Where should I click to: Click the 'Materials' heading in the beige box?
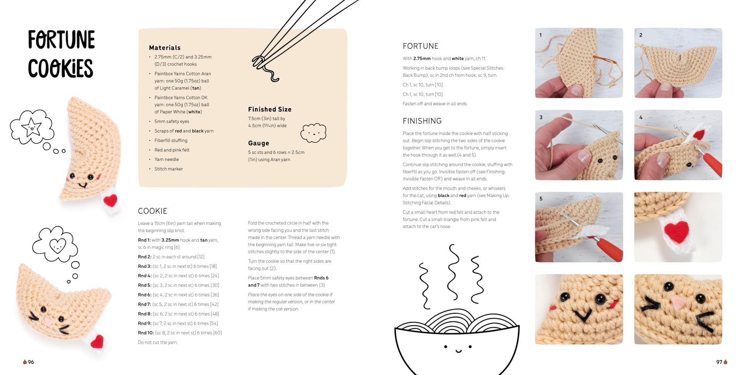(165, 48)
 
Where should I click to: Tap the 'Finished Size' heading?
(270, 109)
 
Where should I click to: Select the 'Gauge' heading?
(259, 143)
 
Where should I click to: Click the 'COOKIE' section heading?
(153, 211)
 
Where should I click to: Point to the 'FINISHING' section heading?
(422, 121)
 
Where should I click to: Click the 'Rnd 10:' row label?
(146, 333)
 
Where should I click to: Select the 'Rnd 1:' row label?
(144, 240)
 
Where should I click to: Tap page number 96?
(31, 362)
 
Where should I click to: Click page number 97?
(719, 362)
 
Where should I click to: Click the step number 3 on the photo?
(541, 117)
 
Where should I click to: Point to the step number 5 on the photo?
(541, 198)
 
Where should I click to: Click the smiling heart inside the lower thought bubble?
(58, 245)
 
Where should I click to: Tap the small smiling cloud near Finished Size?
(313, 133)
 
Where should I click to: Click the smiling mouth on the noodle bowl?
(458, 351)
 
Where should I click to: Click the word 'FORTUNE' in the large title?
(61, 40)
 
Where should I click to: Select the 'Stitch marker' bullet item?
(168, 169)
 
